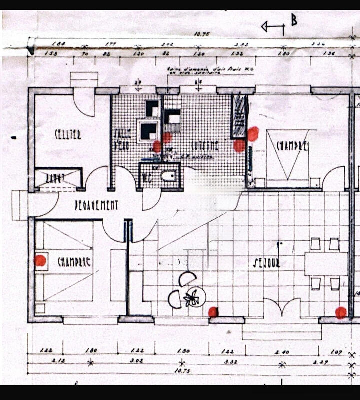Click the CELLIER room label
point(68,134)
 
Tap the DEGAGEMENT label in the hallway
point(96,205)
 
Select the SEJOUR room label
point(266,263)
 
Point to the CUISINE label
point(205,146)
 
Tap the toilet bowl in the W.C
point(169,175)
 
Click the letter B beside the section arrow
point(294,20)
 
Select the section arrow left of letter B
point(273,27)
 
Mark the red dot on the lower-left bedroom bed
point(40,260)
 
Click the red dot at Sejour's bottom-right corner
point(341,313)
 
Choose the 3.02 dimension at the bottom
point(136,360)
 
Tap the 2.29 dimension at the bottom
point(321,360)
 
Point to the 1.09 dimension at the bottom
point(336,352)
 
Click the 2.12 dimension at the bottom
point(46,360)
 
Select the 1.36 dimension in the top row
point(329,53)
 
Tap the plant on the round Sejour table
point(192,298)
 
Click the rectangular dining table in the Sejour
point(326,263)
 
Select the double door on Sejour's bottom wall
point(282,307)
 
